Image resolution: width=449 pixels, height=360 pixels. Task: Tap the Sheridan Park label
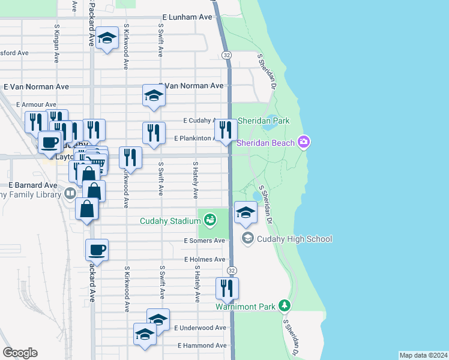pos(264,121)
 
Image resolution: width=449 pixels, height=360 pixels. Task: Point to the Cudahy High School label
pos(294,239)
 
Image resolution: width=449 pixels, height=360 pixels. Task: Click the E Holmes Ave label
pos(204,259)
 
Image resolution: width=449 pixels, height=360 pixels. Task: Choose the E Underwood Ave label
pos(200,328)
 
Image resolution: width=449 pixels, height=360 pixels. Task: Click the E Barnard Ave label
pos(32,185)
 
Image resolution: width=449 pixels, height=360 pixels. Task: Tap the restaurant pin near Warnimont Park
pos(227,288)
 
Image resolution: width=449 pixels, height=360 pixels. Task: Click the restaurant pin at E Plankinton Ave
pos(226,130)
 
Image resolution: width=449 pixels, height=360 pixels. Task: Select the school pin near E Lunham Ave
pos(107,40)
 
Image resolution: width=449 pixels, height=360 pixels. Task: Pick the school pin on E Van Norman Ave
pos(154,95)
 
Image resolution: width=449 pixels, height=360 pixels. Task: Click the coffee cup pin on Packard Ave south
pos(97,250)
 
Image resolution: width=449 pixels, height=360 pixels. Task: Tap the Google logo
pos(20,353)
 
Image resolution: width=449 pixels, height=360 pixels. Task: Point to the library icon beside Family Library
pos(70,193)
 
